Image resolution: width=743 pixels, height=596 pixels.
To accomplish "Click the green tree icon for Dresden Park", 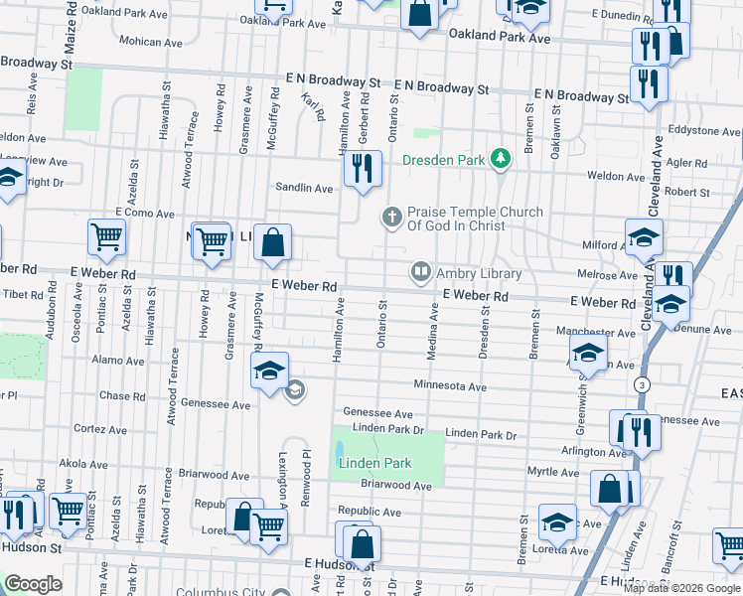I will pyautogui.click(x=503, y=158).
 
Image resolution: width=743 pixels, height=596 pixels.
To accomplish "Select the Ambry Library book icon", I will pyautogui.click(x=421, y=271).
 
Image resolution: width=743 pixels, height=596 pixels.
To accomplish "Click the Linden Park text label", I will pyautogui.click(x=374, y=464).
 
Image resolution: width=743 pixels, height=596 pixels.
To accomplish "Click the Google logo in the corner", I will pyautogui.click(x=33, y=584).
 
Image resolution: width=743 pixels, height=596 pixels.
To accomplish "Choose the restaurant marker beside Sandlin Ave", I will pyautogui.click(x=364, y=170).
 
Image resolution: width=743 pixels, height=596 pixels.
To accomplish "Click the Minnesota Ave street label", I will pyautogui.click(x=450, y=385).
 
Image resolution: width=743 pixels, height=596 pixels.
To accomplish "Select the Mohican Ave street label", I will pyautogui.click(x=151, y=42).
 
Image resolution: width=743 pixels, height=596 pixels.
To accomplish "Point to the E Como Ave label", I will pyautogui.click(x=145, y=213).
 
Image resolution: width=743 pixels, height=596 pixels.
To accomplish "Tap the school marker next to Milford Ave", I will pyautogui.click(x=644, y=239).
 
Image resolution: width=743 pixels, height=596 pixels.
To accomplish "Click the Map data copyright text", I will pyautogui.click(x=680, y=587).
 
